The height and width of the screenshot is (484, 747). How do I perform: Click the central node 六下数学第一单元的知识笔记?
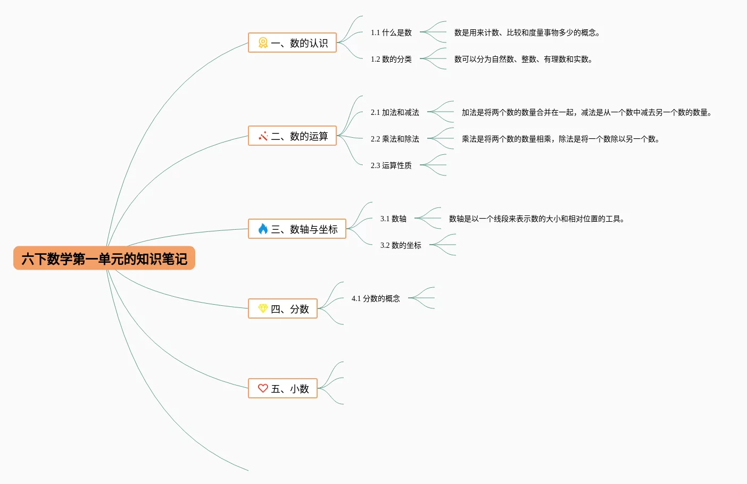pyautogui.click(x=104, y=258)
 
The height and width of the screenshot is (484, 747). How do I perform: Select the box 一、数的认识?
pyautogui.click(x=292, y=43)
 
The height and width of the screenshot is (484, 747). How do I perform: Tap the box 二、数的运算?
pyautogui.click(x=292, y=136)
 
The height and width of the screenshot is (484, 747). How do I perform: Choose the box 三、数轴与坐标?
pyautogui.click(x=297, y=229)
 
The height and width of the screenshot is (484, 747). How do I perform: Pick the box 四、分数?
pyautogui.click(x=283, y=308)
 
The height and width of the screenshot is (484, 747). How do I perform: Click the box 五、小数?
pyautogui.click(x=283, y=388)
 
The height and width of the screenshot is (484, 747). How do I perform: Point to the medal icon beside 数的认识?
pyautogui.click(x=263, y=43)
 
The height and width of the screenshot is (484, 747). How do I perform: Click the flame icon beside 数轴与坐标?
pyautogui.click(x=263, y=229)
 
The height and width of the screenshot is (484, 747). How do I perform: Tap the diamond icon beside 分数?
pyautogui.click(x=263, y=308)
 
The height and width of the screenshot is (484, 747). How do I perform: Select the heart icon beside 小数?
pyautogui.click(x=263, y=388)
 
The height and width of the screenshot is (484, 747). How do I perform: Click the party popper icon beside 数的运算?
pyautogui.click(x=263, y=136)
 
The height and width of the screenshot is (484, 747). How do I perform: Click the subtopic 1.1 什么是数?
pyautogui.click(x=391, y=32)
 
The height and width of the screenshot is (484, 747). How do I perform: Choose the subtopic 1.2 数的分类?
pyautogui.click(x=391, y=59)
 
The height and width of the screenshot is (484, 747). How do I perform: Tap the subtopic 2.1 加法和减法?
pyautogui.click(x=395, y=112)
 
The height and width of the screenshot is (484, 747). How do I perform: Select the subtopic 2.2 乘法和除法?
pyautogui.click(x=395, y=139)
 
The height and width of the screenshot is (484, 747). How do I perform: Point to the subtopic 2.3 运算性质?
pyautogui.click(x=391, y=165)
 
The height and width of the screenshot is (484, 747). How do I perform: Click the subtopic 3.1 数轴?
pyautogui.click(x=393, y=219)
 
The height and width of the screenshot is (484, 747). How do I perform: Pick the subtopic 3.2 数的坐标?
pyautogui.click(x=401, y=245)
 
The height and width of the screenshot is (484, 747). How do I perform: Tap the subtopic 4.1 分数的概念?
pyautogui.click(x=376, y=298)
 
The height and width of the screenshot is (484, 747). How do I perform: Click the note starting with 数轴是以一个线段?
pyautogui.click(x=536, y=219)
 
